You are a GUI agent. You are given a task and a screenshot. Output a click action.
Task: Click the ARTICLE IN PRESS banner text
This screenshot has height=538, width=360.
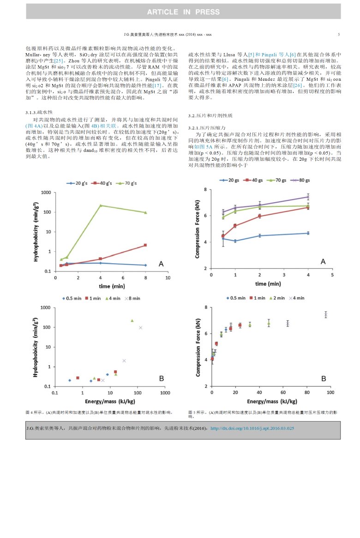coord(183,12)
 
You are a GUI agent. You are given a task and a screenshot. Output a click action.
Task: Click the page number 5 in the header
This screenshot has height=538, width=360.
coord(339,35)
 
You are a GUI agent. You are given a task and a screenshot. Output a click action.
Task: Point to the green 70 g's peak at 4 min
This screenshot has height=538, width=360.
coord(101,206)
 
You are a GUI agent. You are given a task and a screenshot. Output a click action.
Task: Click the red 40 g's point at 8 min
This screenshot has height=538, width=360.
coord(145,245)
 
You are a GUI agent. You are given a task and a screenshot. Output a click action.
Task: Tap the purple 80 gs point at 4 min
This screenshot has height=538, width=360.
coord(308,197)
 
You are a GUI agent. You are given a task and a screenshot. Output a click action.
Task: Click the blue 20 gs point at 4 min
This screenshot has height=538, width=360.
coord(308,233)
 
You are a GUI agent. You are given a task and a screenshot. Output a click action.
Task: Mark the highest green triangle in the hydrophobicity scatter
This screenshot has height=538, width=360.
coord(132,320)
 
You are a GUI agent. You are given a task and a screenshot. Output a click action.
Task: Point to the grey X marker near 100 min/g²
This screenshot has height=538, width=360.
coord(140,327)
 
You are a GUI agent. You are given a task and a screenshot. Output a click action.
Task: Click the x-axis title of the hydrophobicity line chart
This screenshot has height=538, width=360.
coord(112,286)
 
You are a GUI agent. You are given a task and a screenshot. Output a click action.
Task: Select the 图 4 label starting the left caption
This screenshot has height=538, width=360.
coord(29,411)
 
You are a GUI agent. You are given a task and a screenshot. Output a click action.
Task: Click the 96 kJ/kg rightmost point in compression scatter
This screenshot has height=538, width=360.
coord(325,315)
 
